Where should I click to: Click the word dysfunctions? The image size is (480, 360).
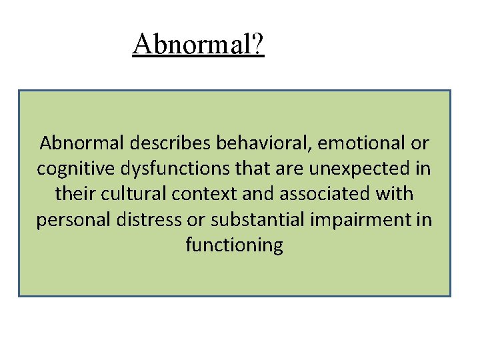pyautogui.click(x=165, y=169)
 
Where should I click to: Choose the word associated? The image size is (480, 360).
pyautogui.click(x=319, y=195)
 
